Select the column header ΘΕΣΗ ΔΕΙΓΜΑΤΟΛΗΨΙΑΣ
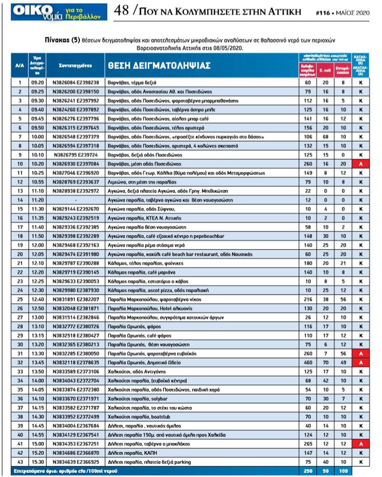tap(158, 66)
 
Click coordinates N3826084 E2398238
tap(75, 82)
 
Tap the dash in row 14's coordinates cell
tap(75, 200)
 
